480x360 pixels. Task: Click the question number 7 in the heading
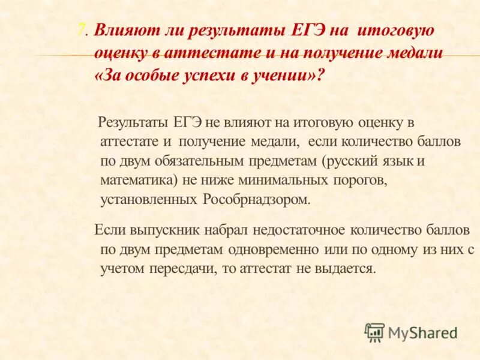tap(82, 31)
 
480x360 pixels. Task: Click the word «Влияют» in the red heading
tap(124, 31)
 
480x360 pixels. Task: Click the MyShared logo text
tap(422, 332)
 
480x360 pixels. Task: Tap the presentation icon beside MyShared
tap(374, 332)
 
